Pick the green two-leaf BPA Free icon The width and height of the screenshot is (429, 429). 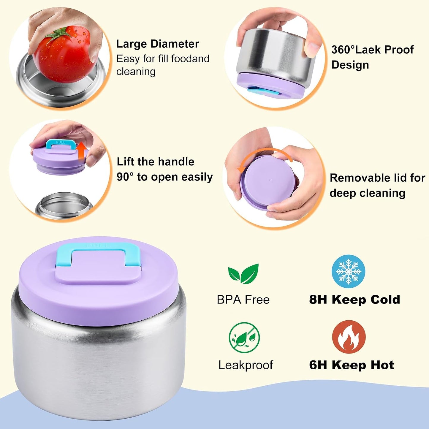click(x=243, y=274)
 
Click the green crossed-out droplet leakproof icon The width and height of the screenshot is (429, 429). click(x=244, y=338)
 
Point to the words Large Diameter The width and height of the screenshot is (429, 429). click(x=158, y=44)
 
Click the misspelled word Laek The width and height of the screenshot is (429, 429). click(x=368, y=50)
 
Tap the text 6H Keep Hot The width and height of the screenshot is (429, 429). click(x=352, y=365)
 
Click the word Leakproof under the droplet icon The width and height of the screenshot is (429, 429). click(x=246, y=365)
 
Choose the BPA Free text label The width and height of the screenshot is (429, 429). click(x=243, y=300)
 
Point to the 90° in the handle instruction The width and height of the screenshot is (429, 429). click(x=125, y=177)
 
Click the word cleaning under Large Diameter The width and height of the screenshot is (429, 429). click(x=136, y=72)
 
